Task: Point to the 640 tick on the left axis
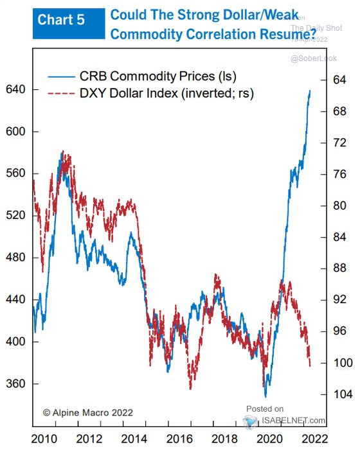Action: pyautogui.click(x=15, y=89)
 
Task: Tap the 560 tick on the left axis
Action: pyautogui.click(x=15, y=173)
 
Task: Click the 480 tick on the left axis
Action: pyautogui.click(x=15, y=258)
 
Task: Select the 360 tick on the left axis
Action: pyautogui.click(x=15, y=384)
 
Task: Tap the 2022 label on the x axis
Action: pyautogui.click(x=316, y=439)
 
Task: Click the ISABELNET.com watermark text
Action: pyautogui.click(x=292, y=421)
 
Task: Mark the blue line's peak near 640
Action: pyautogui.click(x=310, y=91)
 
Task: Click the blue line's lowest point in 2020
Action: pyautogui.click(x=265, y=396)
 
